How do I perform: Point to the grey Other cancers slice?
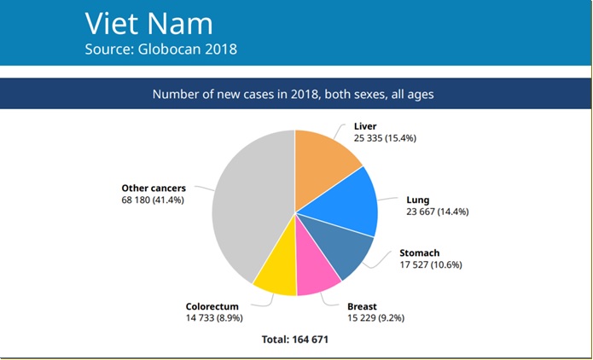(247, 205)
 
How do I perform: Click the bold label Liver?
(365, 126)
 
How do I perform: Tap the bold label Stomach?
(420, 253)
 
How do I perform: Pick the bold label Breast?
(362, 306)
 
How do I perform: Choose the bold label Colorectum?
(212, 306)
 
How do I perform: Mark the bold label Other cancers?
(154, 188)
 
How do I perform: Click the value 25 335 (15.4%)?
(385, 138)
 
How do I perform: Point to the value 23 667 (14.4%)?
(438, 212)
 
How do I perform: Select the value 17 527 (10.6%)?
(431, 265)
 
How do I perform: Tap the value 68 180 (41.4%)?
(153, 200)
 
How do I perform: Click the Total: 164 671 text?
(295, 339)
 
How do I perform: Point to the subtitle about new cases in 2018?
(293, 94)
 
